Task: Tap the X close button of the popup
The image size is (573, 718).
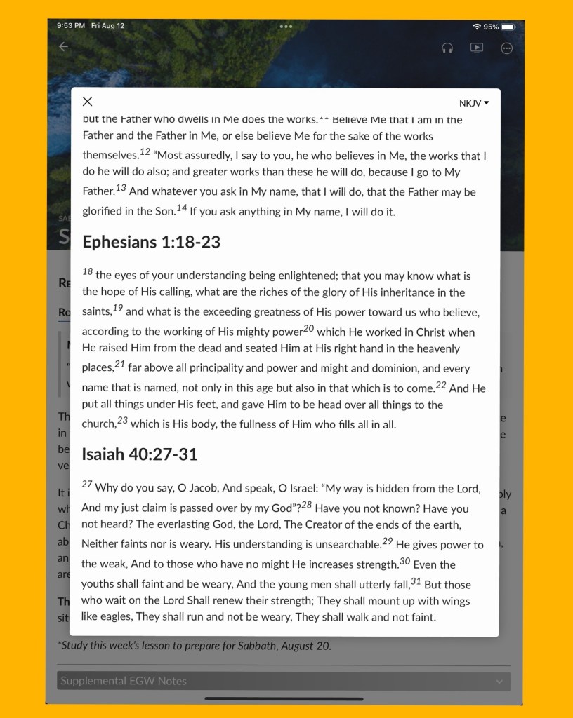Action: [x=87, y=102]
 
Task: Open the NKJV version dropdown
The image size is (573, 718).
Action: [x=474, y=103]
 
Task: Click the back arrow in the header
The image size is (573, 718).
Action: [x=63, y=47]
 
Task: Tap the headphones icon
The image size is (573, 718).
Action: [x=447, y=48]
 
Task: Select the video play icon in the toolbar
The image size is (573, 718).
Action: [x=477, y=48]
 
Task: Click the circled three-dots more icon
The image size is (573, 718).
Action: [x=507, y=48]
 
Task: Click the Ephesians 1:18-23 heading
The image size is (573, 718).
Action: [x=151, y=242]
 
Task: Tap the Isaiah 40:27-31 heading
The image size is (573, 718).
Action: [x=140, y=454]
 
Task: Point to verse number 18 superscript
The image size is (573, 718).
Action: [x=87, y=271]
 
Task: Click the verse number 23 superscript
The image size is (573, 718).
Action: [x=122, y=420]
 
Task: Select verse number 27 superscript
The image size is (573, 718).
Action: [x=87, y=484]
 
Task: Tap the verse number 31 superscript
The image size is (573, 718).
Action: [x=416, y=581]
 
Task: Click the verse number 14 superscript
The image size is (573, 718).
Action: [x=182, y=208]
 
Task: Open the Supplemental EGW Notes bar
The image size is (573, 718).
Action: [x=284, y=681]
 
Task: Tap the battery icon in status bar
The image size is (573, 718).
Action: [x=508, y=27]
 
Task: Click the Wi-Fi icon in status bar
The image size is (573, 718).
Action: [x=477, y=27]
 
